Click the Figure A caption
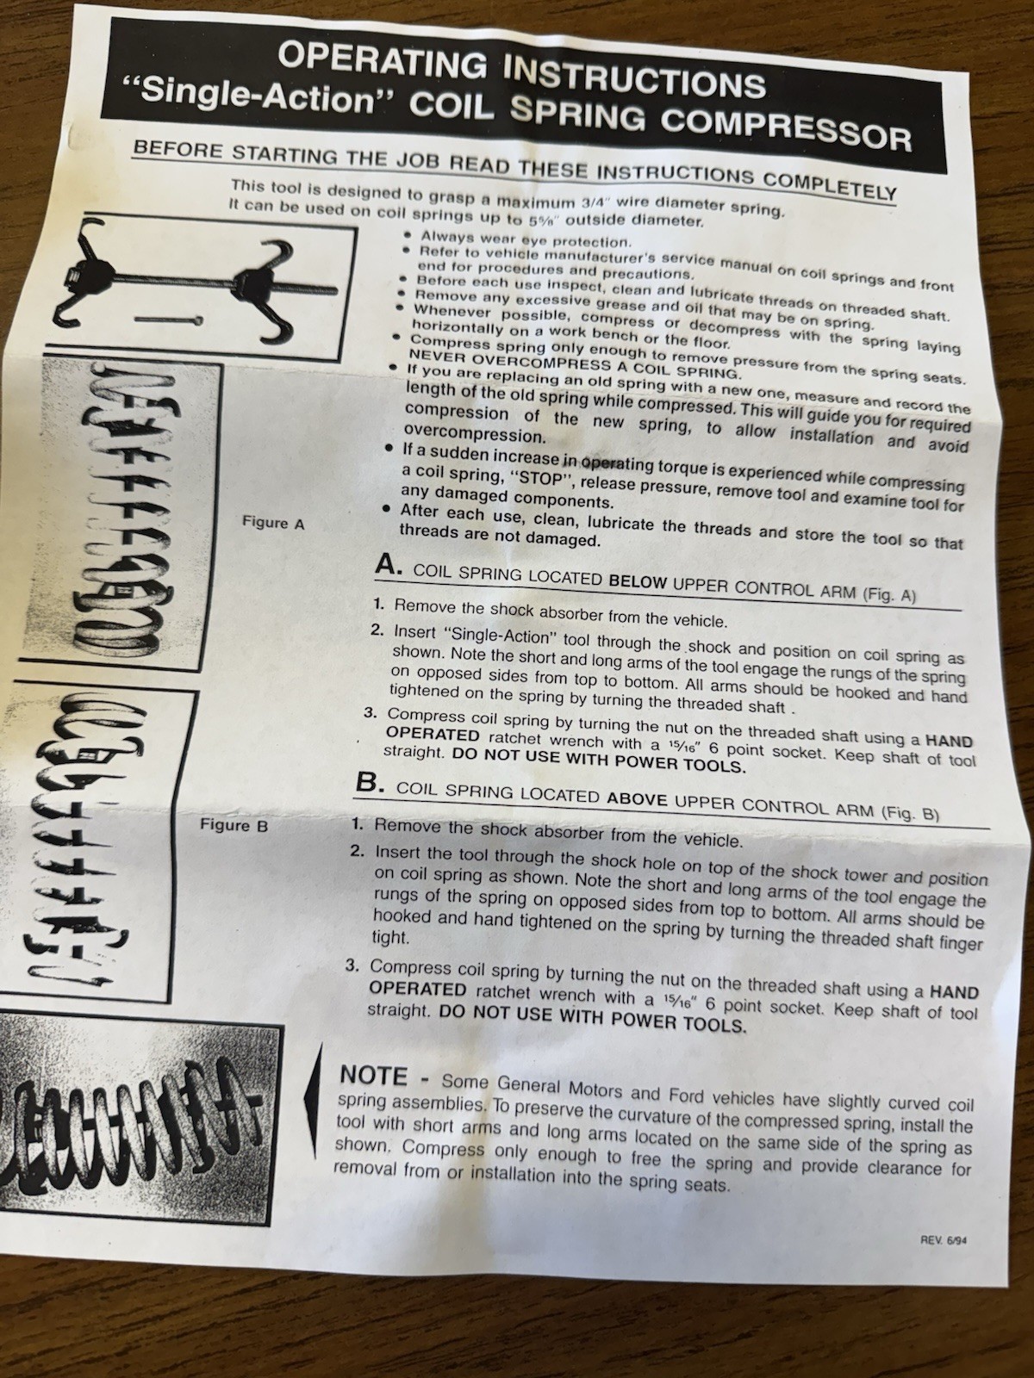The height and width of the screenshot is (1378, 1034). click(273, 523)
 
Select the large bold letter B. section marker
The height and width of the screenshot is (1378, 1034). click(371, 782)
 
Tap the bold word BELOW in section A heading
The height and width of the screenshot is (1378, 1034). click(638, 581)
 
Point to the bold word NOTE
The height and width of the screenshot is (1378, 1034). click(373, 1076)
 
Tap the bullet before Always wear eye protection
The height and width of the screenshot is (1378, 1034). click(408, 237)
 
